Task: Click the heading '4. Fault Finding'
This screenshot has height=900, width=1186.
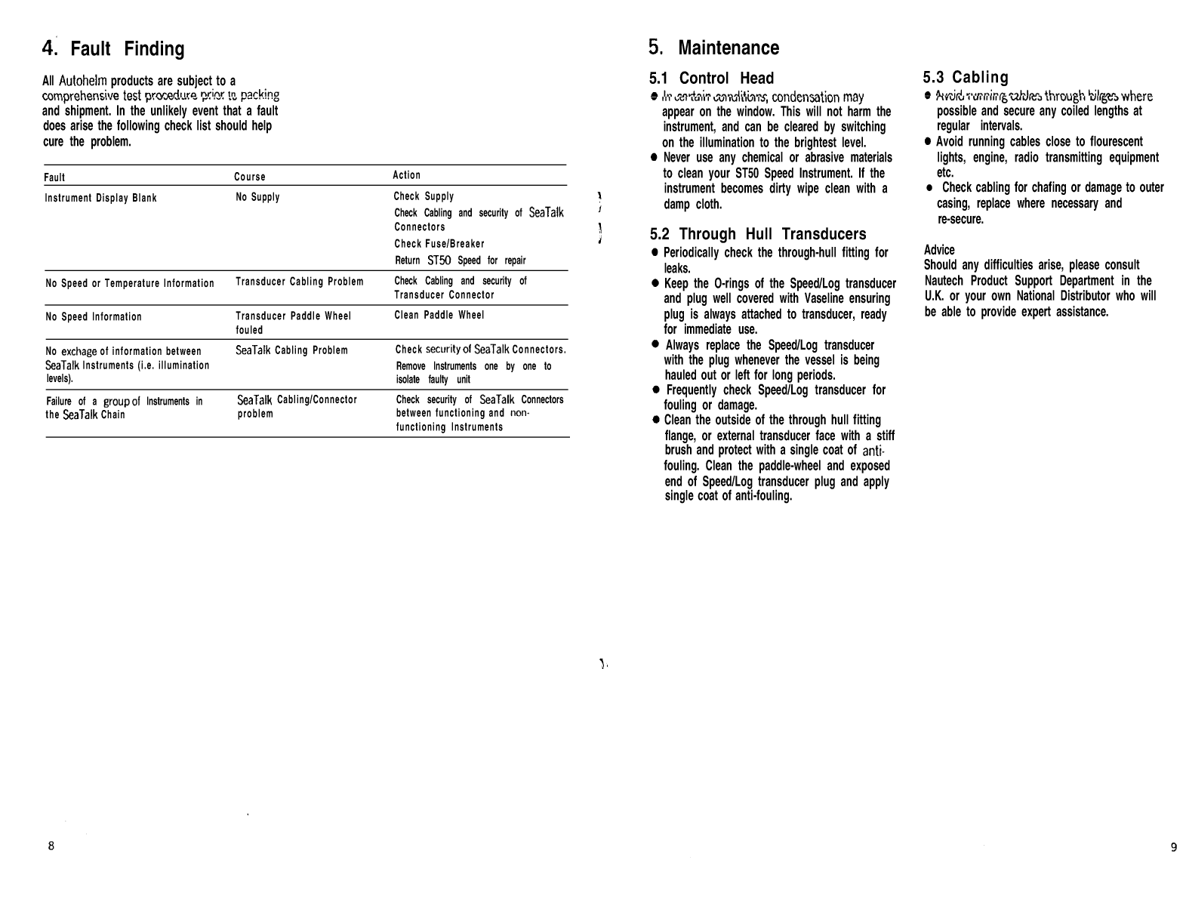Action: [x=113, y=49]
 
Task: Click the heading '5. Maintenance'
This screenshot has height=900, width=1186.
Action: [x=713, y=48]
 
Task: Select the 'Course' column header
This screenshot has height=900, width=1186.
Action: [x=249, y=177]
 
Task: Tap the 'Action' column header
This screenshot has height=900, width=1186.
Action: [x=406, y=175]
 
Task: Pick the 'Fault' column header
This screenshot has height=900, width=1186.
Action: [x=54, y=177]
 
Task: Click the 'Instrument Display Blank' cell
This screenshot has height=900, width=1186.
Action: [x=100, y=198]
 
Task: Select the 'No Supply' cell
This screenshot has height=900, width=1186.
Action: [x=257, y=197]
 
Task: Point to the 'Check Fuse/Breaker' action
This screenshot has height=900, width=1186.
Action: [x=439, y=244]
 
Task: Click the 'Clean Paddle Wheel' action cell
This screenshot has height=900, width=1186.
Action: [x=439, y=315]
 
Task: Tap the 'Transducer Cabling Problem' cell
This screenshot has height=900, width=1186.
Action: [x=299, y=282]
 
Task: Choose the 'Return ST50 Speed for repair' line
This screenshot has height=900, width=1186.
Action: [x=460, y=260]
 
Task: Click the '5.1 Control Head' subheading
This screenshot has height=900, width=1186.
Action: [x=711, y=78]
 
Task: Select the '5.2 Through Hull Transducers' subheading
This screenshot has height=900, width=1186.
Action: [x=757, y=234]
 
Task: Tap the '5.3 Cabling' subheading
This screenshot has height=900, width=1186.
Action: [x=966, y=77]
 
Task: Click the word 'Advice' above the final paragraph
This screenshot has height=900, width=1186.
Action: [x=939, y=250]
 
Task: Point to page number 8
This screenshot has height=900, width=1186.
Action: [x=51, y=846]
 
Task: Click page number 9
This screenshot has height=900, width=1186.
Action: [x=1173, y=847]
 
